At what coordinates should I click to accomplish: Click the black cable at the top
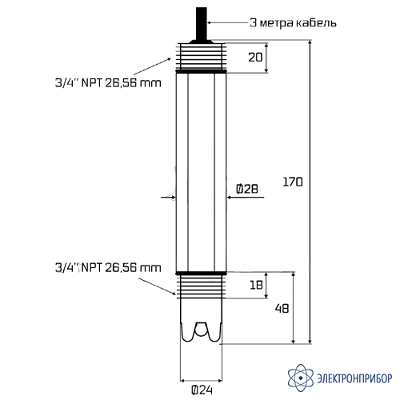pos(202,24)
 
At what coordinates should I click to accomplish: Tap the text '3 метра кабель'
pos(293,22)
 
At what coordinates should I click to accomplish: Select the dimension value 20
pos(255,58)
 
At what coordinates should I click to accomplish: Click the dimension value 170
pos(293,182)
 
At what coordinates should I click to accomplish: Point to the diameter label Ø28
pos(247,189)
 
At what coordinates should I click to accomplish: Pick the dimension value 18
pos(256,285)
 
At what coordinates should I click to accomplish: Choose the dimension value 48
pos(282,309)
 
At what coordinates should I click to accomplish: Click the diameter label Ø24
pos(202,390)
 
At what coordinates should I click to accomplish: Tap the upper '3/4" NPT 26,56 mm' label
pos(108,83)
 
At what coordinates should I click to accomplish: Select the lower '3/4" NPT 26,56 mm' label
pos(108,268)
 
